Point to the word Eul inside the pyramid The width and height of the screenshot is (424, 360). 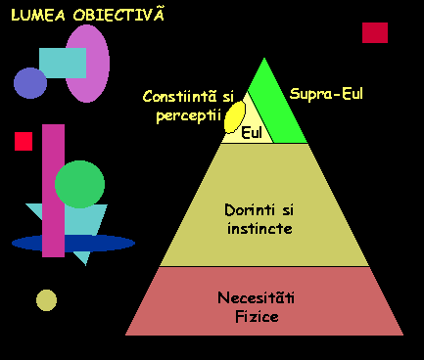252,132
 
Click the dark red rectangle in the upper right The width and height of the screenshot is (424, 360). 375,32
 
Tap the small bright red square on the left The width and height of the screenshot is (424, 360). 24,141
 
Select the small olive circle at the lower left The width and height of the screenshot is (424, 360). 46,299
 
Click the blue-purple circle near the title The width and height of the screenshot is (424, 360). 29,83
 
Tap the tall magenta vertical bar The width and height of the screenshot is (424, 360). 53,191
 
